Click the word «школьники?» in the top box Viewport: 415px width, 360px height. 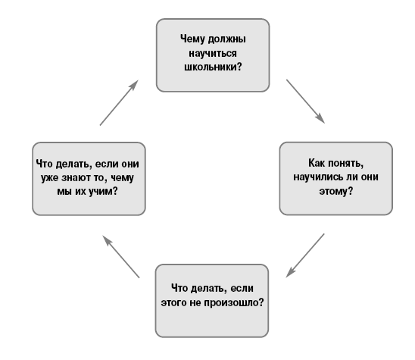[213, 67]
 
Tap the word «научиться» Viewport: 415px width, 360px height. [213, 53]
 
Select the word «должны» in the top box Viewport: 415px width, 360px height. [227, 39]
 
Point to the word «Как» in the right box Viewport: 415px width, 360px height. [317, 163]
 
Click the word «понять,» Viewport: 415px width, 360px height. [345, 164]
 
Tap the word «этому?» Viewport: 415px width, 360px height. [336, 191]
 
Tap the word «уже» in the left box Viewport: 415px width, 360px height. [49, 178]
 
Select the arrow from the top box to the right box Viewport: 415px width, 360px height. [305, 102]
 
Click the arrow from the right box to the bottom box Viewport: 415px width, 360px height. [305, 255]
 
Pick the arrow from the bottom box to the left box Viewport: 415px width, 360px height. [121, 257]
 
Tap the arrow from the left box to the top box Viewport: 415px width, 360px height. [119, 102]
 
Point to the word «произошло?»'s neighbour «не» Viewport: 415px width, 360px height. [195, 302]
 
